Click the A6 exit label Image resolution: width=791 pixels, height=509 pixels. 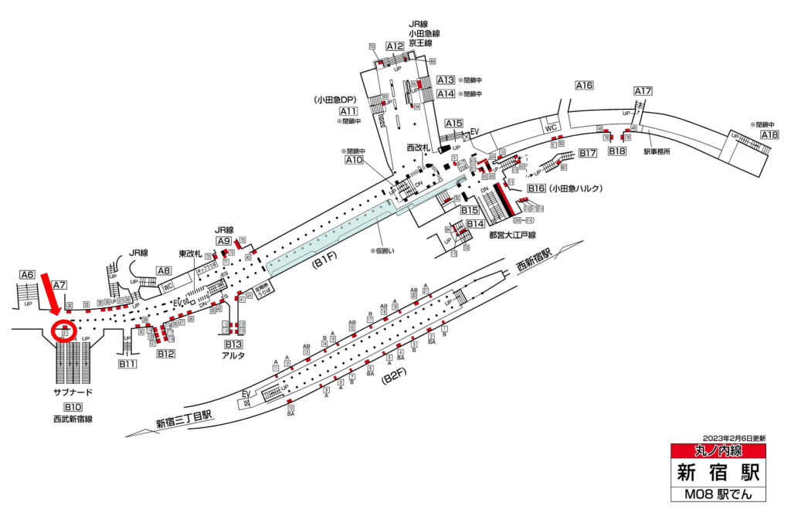28,274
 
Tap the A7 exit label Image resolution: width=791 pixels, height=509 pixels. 60,285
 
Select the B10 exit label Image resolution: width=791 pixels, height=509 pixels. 73,407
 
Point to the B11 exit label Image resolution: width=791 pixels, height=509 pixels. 127,363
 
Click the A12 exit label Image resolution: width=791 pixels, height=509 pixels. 395,46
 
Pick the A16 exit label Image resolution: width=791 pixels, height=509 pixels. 584,86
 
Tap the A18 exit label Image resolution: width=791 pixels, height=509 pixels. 769,135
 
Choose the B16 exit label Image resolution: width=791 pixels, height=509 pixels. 537,188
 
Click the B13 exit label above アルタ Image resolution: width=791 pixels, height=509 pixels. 234,344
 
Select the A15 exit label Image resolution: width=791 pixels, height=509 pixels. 453,124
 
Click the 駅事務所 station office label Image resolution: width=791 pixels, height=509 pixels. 657,151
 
